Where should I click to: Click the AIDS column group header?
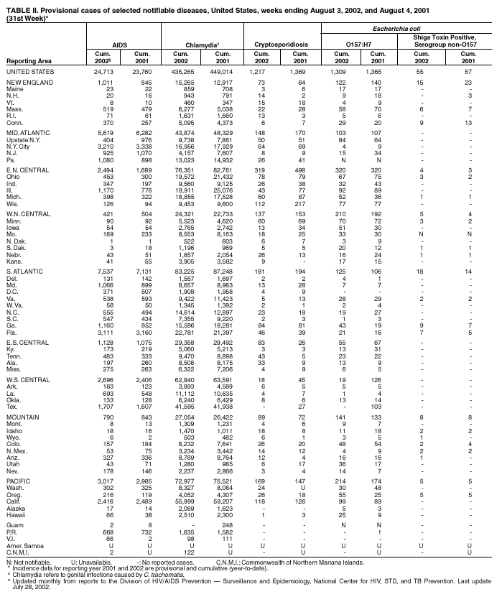coord(120,45)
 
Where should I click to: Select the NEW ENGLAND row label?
coord(29,84)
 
